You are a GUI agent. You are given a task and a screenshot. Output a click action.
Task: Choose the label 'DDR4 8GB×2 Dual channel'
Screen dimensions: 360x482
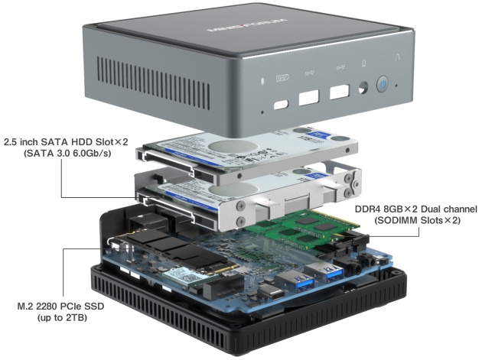point(416,209)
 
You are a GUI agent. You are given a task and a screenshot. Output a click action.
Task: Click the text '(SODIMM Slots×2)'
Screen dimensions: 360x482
point(416,221)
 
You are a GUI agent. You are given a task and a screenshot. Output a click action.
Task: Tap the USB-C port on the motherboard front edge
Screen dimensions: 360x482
point(269,292)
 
